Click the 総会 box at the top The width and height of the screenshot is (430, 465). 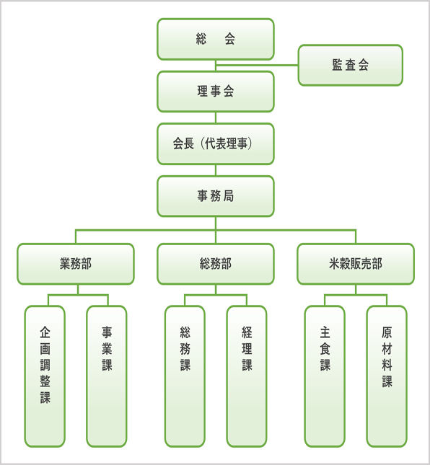click(x=216, y=39)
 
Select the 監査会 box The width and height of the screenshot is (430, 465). click(x=350, y=65)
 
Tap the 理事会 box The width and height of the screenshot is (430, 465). click(x=216, y=92)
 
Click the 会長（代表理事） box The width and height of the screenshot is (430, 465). click(x=216, y=144)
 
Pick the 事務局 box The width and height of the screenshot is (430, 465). click(x=216, y=196)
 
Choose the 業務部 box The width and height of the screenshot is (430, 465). click(x=76, y=264)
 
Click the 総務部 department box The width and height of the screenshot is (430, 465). click(x=216, y=264)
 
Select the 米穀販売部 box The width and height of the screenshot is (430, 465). click(x=356, y=264)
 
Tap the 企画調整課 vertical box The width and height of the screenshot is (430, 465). click(x=45, y=376)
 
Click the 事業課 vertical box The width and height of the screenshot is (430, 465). click(x=107, y=376)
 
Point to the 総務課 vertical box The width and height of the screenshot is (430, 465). click(x=185, y=376)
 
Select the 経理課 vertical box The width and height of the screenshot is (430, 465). click(x=247, y=376)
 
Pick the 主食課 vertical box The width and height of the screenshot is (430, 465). click(x=325, y=376)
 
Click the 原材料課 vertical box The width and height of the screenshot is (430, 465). click(x=387, y=376)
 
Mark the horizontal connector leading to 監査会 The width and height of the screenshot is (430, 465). click(x=257, y=65)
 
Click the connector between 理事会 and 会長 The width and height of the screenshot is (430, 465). click(x=216, y=118)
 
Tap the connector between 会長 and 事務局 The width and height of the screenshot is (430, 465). click(x=216, y=170)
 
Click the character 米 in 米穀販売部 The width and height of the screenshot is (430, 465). click(x=334, y=264)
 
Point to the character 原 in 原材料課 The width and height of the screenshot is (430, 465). click(x=387, y=332)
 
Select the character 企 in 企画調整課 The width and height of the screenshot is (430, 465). click(x=45, y=332)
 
